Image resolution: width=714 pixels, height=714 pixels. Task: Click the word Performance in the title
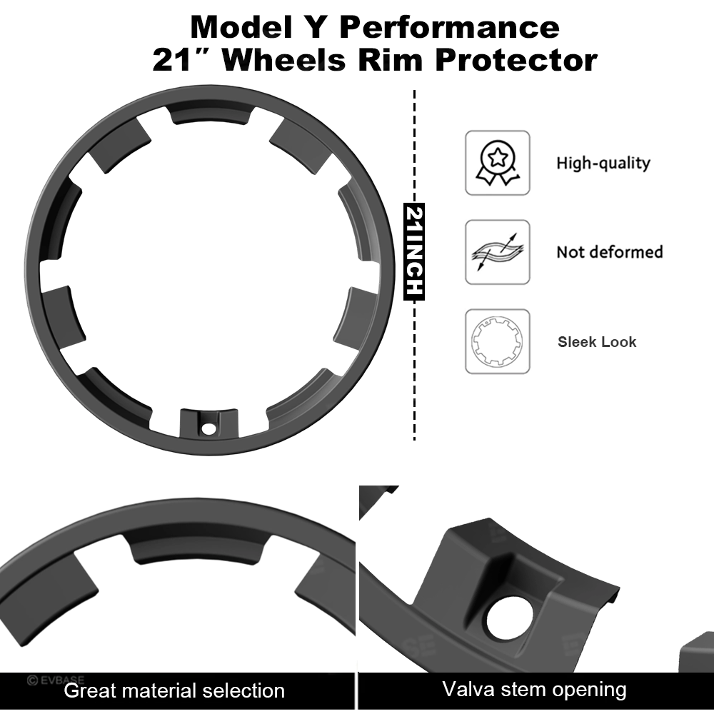(x=449, y=28)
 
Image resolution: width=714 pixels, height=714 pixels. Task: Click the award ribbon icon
(x=498, y=163)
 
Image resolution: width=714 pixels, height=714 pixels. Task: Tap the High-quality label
(x=603, y=163)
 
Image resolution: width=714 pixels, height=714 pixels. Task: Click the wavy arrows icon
(x=498, y=252)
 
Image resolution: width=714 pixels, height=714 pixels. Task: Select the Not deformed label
(x=609, y=252)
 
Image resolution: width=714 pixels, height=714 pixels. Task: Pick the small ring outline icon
(x=498, y=341)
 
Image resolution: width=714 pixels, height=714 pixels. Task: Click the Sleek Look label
(x=597, y=342)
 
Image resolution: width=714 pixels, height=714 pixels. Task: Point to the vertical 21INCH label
(x=415, y=252)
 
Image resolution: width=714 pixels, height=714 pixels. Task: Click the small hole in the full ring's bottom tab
(x=208, y=429)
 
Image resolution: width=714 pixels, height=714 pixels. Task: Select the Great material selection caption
(x=174, y=690)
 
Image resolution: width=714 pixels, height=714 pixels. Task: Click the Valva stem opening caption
(x=534, y=690)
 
